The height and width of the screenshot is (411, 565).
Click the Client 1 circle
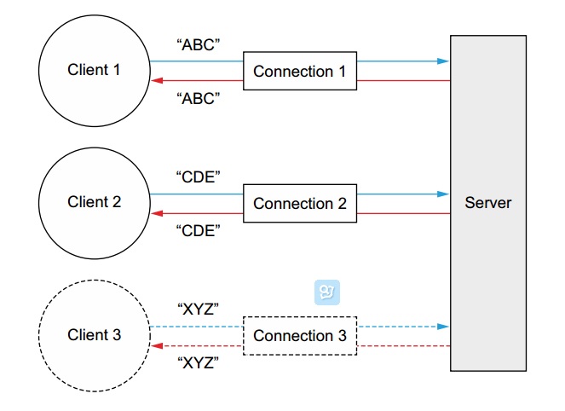pos(94,70)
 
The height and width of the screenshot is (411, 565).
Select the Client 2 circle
pos(94,203)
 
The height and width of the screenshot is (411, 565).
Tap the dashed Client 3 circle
pos(94,335)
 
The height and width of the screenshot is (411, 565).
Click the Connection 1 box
pos(300,72)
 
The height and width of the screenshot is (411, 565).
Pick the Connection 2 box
pos(300,204)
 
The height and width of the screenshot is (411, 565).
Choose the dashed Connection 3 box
pos(300,336)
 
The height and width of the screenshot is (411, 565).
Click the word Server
pos(488,203)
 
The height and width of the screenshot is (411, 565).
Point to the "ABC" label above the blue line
pos(199,45)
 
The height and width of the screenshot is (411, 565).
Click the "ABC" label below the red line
pos(199,98)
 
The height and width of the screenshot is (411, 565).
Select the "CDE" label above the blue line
pos(199,177)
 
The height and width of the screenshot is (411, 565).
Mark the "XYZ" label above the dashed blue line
pos(199,310)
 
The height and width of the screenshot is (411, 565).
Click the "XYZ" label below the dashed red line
pos(199,362)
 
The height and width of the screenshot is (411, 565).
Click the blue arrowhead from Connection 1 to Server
pos(443,61)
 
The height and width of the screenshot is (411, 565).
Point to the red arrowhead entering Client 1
pos(156,81)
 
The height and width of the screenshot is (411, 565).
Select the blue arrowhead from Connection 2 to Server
pos(443,194)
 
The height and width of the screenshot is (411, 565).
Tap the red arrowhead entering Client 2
pos(156,213)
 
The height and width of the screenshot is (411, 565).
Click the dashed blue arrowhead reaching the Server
pos(443,327)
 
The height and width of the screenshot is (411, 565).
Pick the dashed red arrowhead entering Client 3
pos(156,346)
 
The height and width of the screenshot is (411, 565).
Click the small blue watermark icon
pos(326,292)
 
